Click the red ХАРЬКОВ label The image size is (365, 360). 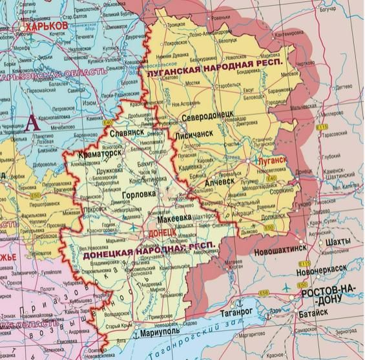point(44,24)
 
